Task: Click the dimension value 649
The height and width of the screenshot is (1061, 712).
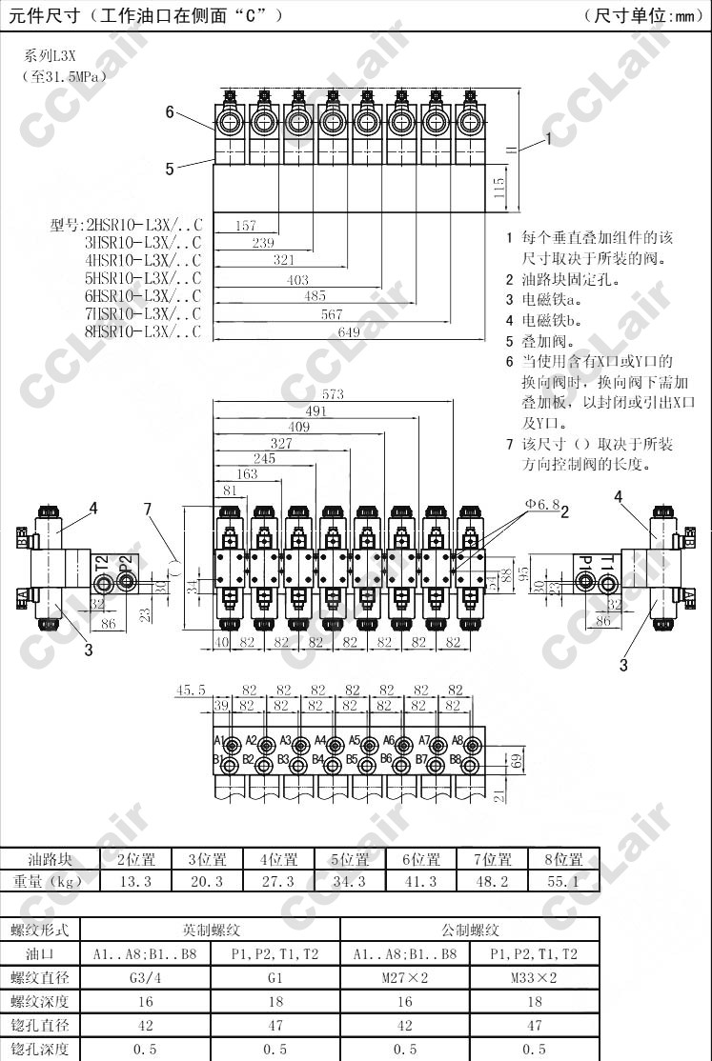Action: [349, 331]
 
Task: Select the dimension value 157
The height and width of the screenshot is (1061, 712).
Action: [245, 226]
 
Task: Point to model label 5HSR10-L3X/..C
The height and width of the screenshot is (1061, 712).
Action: [144, 278]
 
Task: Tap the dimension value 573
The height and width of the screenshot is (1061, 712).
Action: [333, 394]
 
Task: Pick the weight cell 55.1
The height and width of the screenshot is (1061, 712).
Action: [563, 881]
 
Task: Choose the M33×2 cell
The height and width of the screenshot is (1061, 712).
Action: [535, 977]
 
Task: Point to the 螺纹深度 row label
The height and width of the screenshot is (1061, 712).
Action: [40, 1001]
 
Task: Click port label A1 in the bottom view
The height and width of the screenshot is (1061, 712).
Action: [219, 740]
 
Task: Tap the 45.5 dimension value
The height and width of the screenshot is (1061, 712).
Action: [191, 689]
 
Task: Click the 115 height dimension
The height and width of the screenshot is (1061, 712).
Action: [499, 188]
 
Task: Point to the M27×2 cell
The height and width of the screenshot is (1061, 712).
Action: [405, 977]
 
